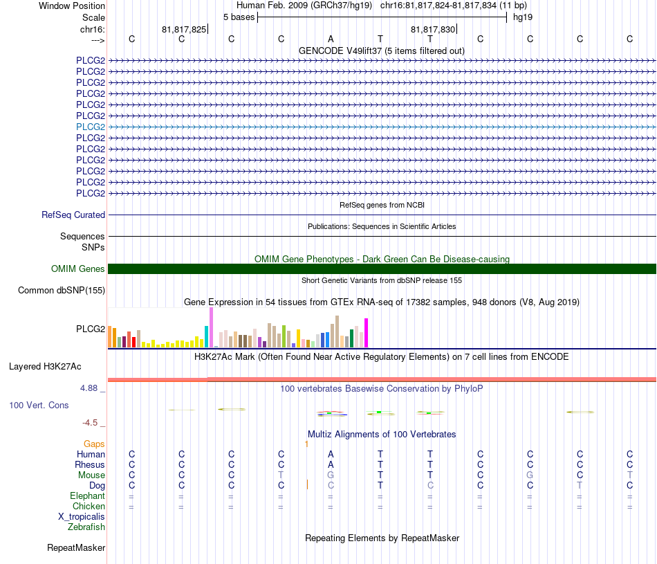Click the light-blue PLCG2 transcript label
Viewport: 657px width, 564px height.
tap(91, 127)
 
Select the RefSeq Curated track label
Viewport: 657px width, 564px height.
tap(73, 215)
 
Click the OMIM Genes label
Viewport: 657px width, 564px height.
tap(78, 269)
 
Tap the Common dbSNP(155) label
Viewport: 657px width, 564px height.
tap(62, 290)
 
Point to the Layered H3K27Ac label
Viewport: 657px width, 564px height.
tap(45, 367)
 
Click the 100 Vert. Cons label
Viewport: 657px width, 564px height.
tap(39, 405)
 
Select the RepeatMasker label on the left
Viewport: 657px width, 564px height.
tap(76, 547)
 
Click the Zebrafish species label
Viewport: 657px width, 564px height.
tap(86, 527)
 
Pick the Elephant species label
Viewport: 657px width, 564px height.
tap(87, 495)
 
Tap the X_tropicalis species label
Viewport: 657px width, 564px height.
tap(82, 517)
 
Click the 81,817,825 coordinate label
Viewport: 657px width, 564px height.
tap(184, 29)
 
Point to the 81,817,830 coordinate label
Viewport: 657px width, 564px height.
tap(433, 29)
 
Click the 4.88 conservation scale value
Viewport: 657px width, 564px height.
tap(89, 388)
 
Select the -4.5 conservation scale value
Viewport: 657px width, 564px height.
tap(90, 423)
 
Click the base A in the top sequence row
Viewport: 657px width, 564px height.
tap(331, 39)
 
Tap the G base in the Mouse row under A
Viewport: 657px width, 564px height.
tap(331, 475)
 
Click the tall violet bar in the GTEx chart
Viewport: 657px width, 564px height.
tap(212, 327)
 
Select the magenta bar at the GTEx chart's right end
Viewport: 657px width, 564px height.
tap(367, 333)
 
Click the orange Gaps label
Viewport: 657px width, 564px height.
tap(94, 444)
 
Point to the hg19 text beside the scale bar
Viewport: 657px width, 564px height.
tap(523, 17)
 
